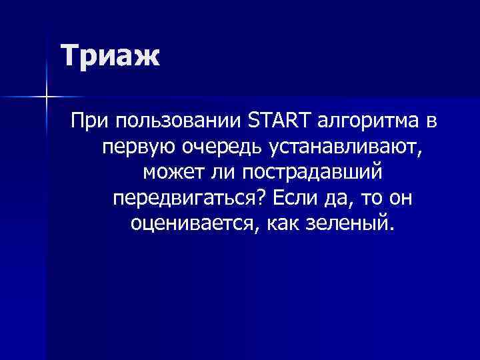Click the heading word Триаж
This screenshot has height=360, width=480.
pyautogui.click(x=111, y=56)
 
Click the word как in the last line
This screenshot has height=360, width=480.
pyautogui.click(x=283, y=222)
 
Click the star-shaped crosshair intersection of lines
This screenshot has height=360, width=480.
pyautogui.click(x=46, y=97)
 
